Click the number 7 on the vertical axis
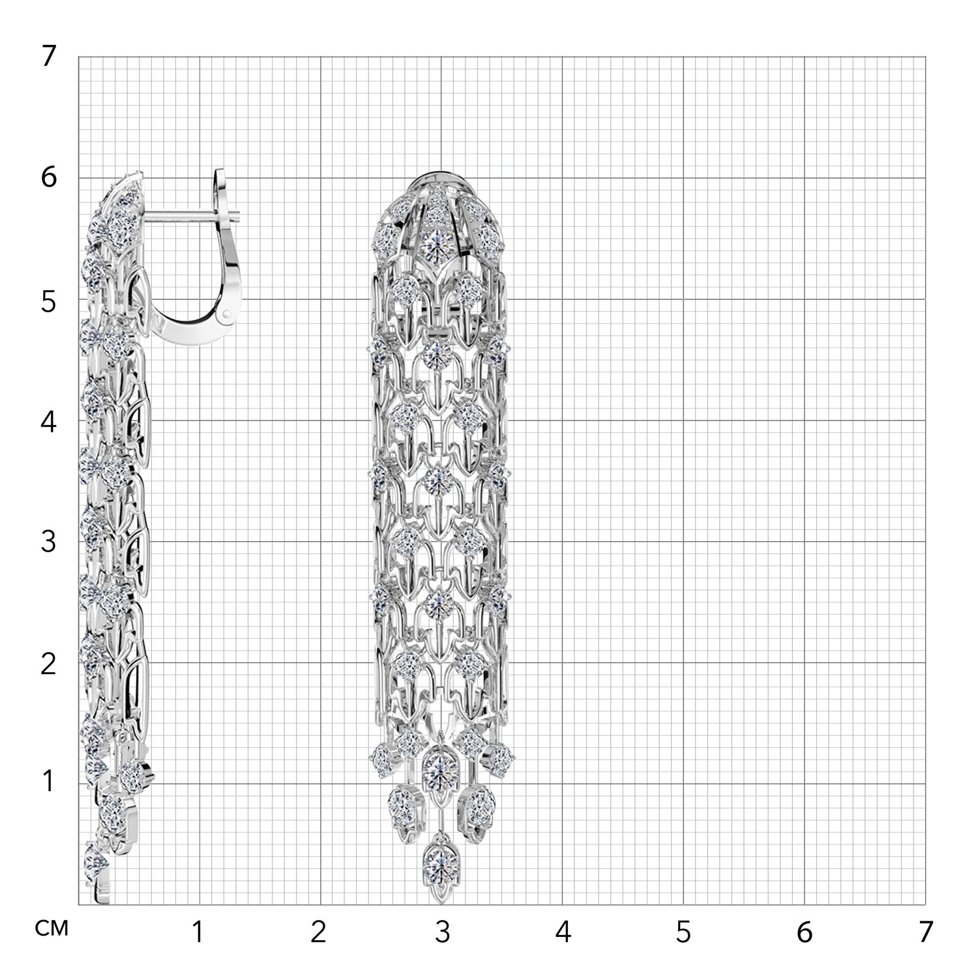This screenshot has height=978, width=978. [x=50, y=57]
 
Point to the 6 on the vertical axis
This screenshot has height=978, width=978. [x=50, y=178]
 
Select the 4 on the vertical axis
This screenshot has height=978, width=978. [x=50, y=422]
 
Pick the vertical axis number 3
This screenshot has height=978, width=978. [x=50, y=542]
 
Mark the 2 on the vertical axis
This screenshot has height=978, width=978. [x=50, y=664]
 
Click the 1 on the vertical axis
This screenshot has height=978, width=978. [x=48, y=780]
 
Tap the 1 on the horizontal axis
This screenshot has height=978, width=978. [x=197, y=933]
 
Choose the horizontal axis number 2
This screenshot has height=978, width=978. [x=318, y=933]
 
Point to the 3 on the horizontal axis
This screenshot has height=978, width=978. [x=442, y=933]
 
